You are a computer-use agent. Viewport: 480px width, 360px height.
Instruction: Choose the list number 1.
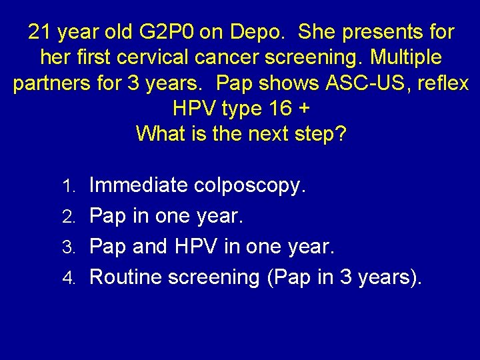75,186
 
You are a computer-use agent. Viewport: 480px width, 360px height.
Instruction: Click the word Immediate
139,185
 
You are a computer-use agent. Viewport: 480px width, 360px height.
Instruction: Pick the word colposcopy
251,185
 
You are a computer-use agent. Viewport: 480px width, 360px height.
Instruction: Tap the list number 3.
75,247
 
